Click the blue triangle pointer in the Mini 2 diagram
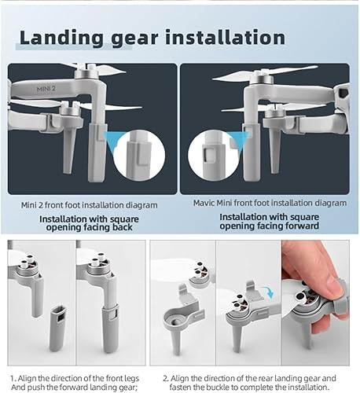tap(116, 141)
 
